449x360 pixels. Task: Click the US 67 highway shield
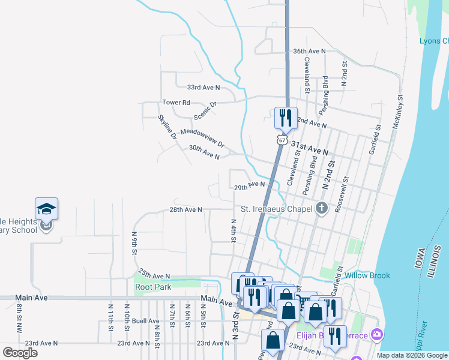click(x=282, y=140)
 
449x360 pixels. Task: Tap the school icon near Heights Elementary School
click(x=46, y=209)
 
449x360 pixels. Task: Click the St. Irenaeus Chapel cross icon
click(x=322, y=209)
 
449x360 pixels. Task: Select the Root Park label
click(x=153, y=287)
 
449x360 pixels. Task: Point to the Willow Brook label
click(x=367, y=276)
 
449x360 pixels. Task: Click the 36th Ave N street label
click(x=309, y=52)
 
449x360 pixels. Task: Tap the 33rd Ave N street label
click(x=203, y=87)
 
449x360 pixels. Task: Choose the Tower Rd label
click(x=176, y=103)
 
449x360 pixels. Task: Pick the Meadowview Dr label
click(x=202, y=139)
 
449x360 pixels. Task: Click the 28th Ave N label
click(x=185, y=210)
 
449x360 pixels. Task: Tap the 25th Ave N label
click(x=154, y=276)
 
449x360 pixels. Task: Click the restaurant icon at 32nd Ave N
click(x=285, y=118)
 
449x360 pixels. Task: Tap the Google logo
click(x=20, y=353)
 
